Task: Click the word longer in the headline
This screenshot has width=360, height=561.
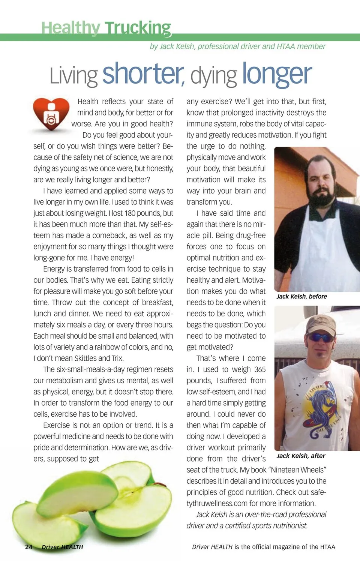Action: click(277, 74)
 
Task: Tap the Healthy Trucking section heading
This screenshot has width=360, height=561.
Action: click(106, 28)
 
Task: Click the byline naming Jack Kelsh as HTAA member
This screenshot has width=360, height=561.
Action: click(237, 46)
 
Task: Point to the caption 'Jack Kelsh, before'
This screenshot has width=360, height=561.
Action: click(301, 296)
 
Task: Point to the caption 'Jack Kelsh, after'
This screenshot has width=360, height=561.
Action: click(301, 456)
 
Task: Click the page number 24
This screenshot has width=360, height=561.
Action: click(28, 547)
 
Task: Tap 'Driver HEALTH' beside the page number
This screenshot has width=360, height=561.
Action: click(62, 547)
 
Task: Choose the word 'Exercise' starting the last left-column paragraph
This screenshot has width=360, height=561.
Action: click(56, 425)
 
